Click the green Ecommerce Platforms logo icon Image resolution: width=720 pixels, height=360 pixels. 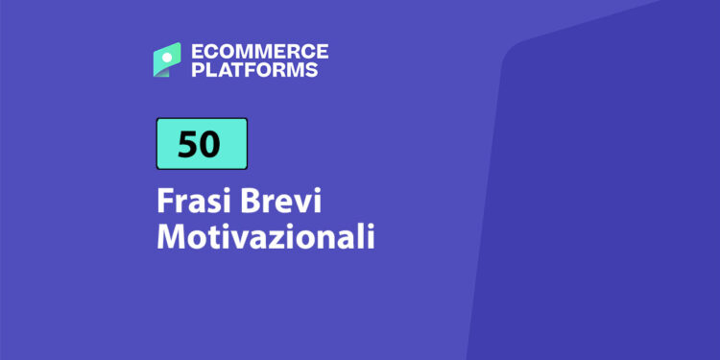tap(166, 60)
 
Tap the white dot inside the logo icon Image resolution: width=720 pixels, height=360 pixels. tap(165, 59)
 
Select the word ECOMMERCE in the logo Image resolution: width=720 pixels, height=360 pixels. tap(259, 52)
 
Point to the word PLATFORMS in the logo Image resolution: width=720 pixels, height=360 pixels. tap(253, 69)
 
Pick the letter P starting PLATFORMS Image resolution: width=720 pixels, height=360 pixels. tap(196, 69)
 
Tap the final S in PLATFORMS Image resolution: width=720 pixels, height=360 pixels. tap(311, 69)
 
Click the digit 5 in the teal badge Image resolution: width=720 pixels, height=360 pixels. tap(188, 143)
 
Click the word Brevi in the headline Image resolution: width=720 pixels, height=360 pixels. tap(273, 204)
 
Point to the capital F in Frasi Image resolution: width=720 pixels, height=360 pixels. tap(164, 204)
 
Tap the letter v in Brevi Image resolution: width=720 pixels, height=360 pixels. tap(293, 205)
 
